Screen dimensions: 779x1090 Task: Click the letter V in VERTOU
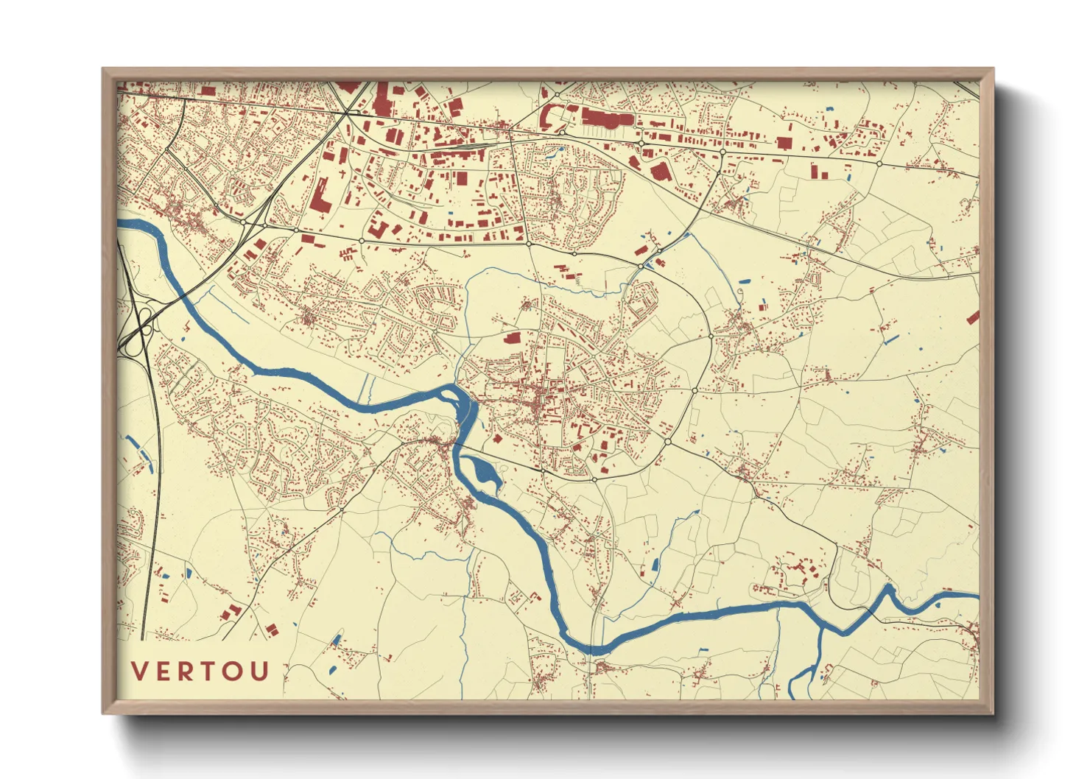(139, 671)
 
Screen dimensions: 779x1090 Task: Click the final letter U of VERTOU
(260, 671)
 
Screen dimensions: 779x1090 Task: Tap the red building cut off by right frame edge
(974, 317)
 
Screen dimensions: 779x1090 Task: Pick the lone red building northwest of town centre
(512, 337)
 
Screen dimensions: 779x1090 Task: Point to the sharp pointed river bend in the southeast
(889, 589)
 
